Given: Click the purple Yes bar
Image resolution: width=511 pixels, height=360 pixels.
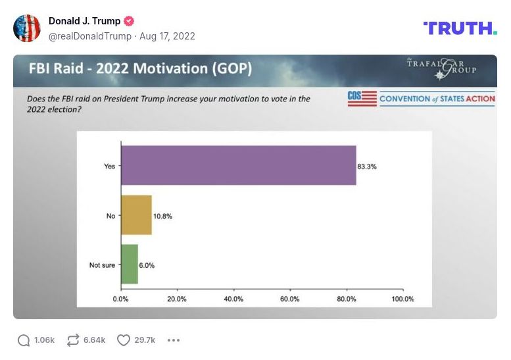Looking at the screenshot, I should click(x=238, y=165).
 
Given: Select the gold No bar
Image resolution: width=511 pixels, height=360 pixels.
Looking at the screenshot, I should click(x=136, y=215).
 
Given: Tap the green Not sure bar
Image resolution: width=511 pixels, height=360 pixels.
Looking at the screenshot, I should click(x=129, y=265).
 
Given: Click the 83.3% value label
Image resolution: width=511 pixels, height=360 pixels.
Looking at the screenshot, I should click(x=367, y=166).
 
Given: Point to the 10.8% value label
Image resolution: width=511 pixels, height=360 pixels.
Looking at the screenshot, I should click(x=163, y=216).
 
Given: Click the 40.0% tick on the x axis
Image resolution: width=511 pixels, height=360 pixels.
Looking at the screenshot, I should click(x=233, y=298).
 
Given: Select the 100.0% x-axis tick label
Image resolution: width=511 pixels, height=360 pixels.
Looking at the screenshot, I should click(x=402, y=298).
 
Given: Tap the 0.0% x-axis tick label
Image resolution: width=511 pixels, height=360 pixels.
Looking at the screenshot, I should click(x=121, y=298).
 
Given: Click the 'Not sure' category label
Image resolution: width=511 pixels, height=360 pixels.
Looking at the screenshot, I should click(x=102, y=265).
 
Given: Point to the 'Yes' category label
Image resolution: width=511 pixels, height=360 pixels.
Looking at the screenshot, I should click(x=109, y=166).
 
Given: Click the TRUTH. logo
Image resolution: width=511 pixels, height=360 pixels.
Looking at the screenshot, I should click(x=460, y=28).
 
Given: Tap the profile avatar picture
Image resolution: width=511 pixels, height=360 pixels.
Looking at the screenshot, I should click(x=27, y=28).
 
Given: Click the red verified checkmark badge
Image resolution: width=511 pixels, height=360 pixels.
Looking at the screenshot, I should click(x=130, y=21).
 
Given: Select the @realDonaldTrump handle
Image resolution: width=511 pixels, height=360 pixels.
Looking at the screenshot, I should click(x=90, y=36).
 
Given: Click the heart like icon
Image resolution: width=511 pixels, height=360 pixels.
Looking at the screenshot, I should click(x=123, y=340).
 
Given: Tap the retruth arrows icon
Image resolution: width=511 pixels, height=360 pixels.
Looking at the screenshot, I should click(x=73, y=340).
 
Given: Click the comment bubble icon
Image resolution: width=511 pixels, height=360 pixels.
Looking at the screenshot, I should click(x=24, y=340).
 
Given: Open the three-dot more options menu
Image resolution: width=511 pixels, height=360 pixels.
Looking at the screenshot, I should click(x=174, y=340).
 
